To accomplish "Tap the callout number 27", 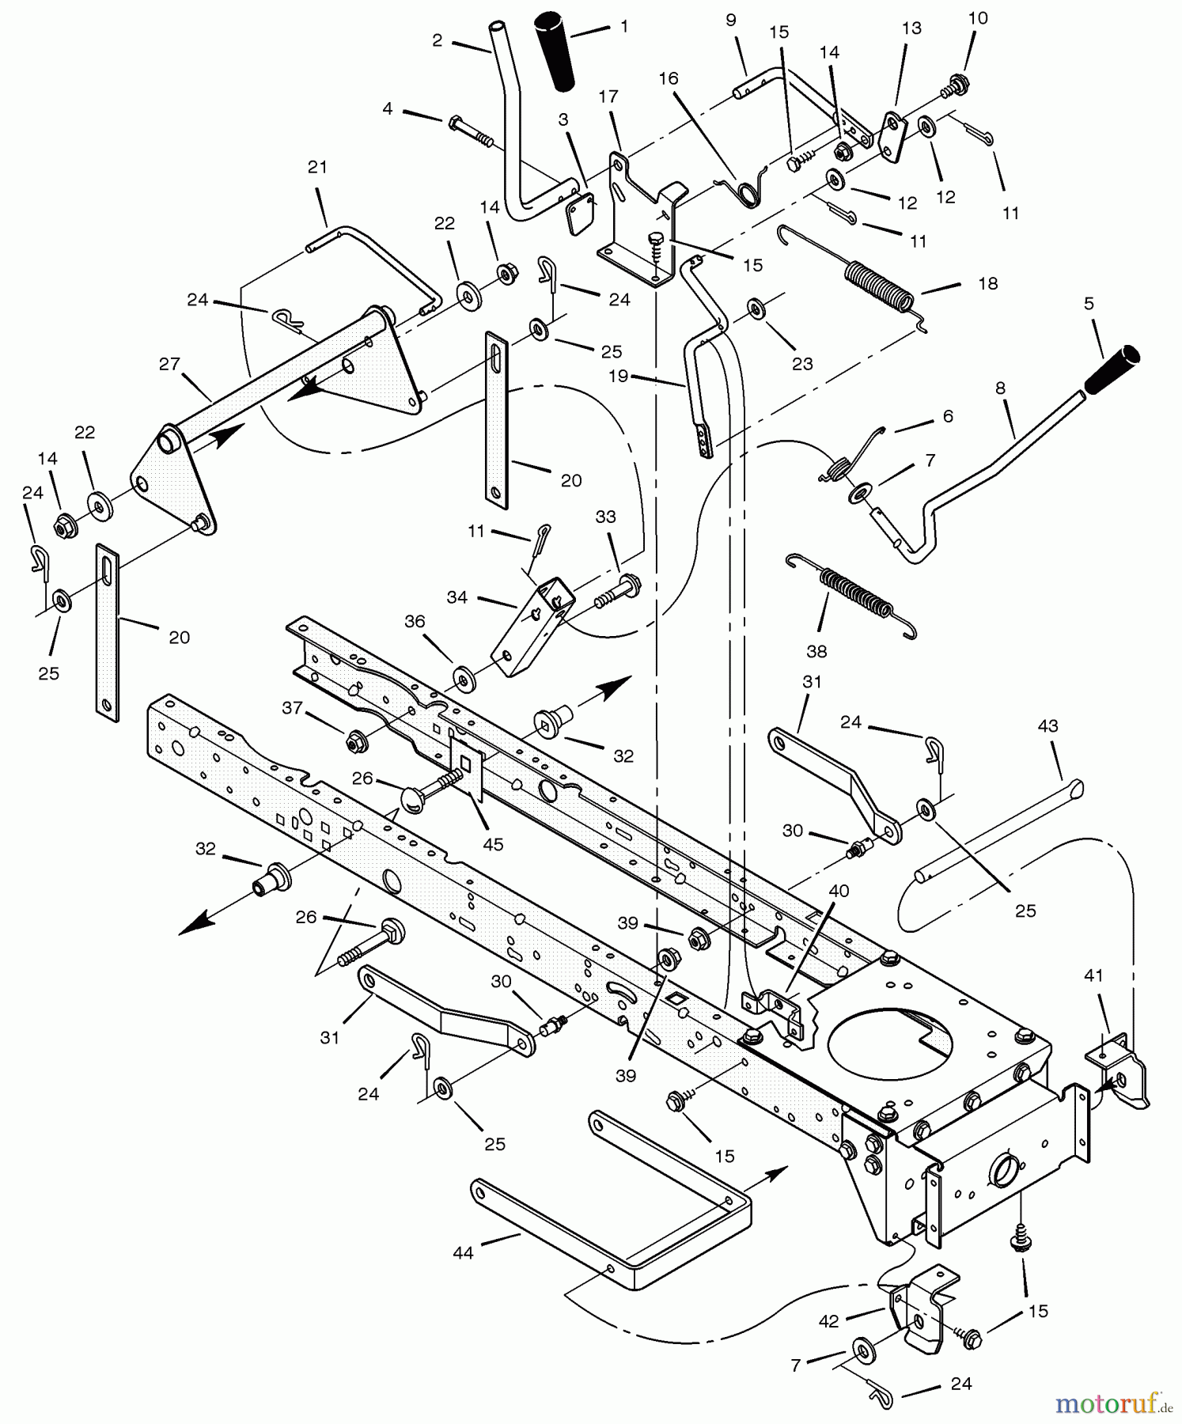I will coord(169,365).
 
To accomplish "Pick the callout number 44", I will coord(463,1253).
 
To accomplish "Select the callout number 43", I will coord(1048,725).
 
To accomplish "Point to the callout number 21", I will coord(317,167).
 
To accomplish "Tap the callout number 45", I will coord(493,844).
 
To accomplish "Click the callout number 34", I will coord(457,597).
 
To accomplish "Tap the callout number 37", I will coord(293,707).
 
